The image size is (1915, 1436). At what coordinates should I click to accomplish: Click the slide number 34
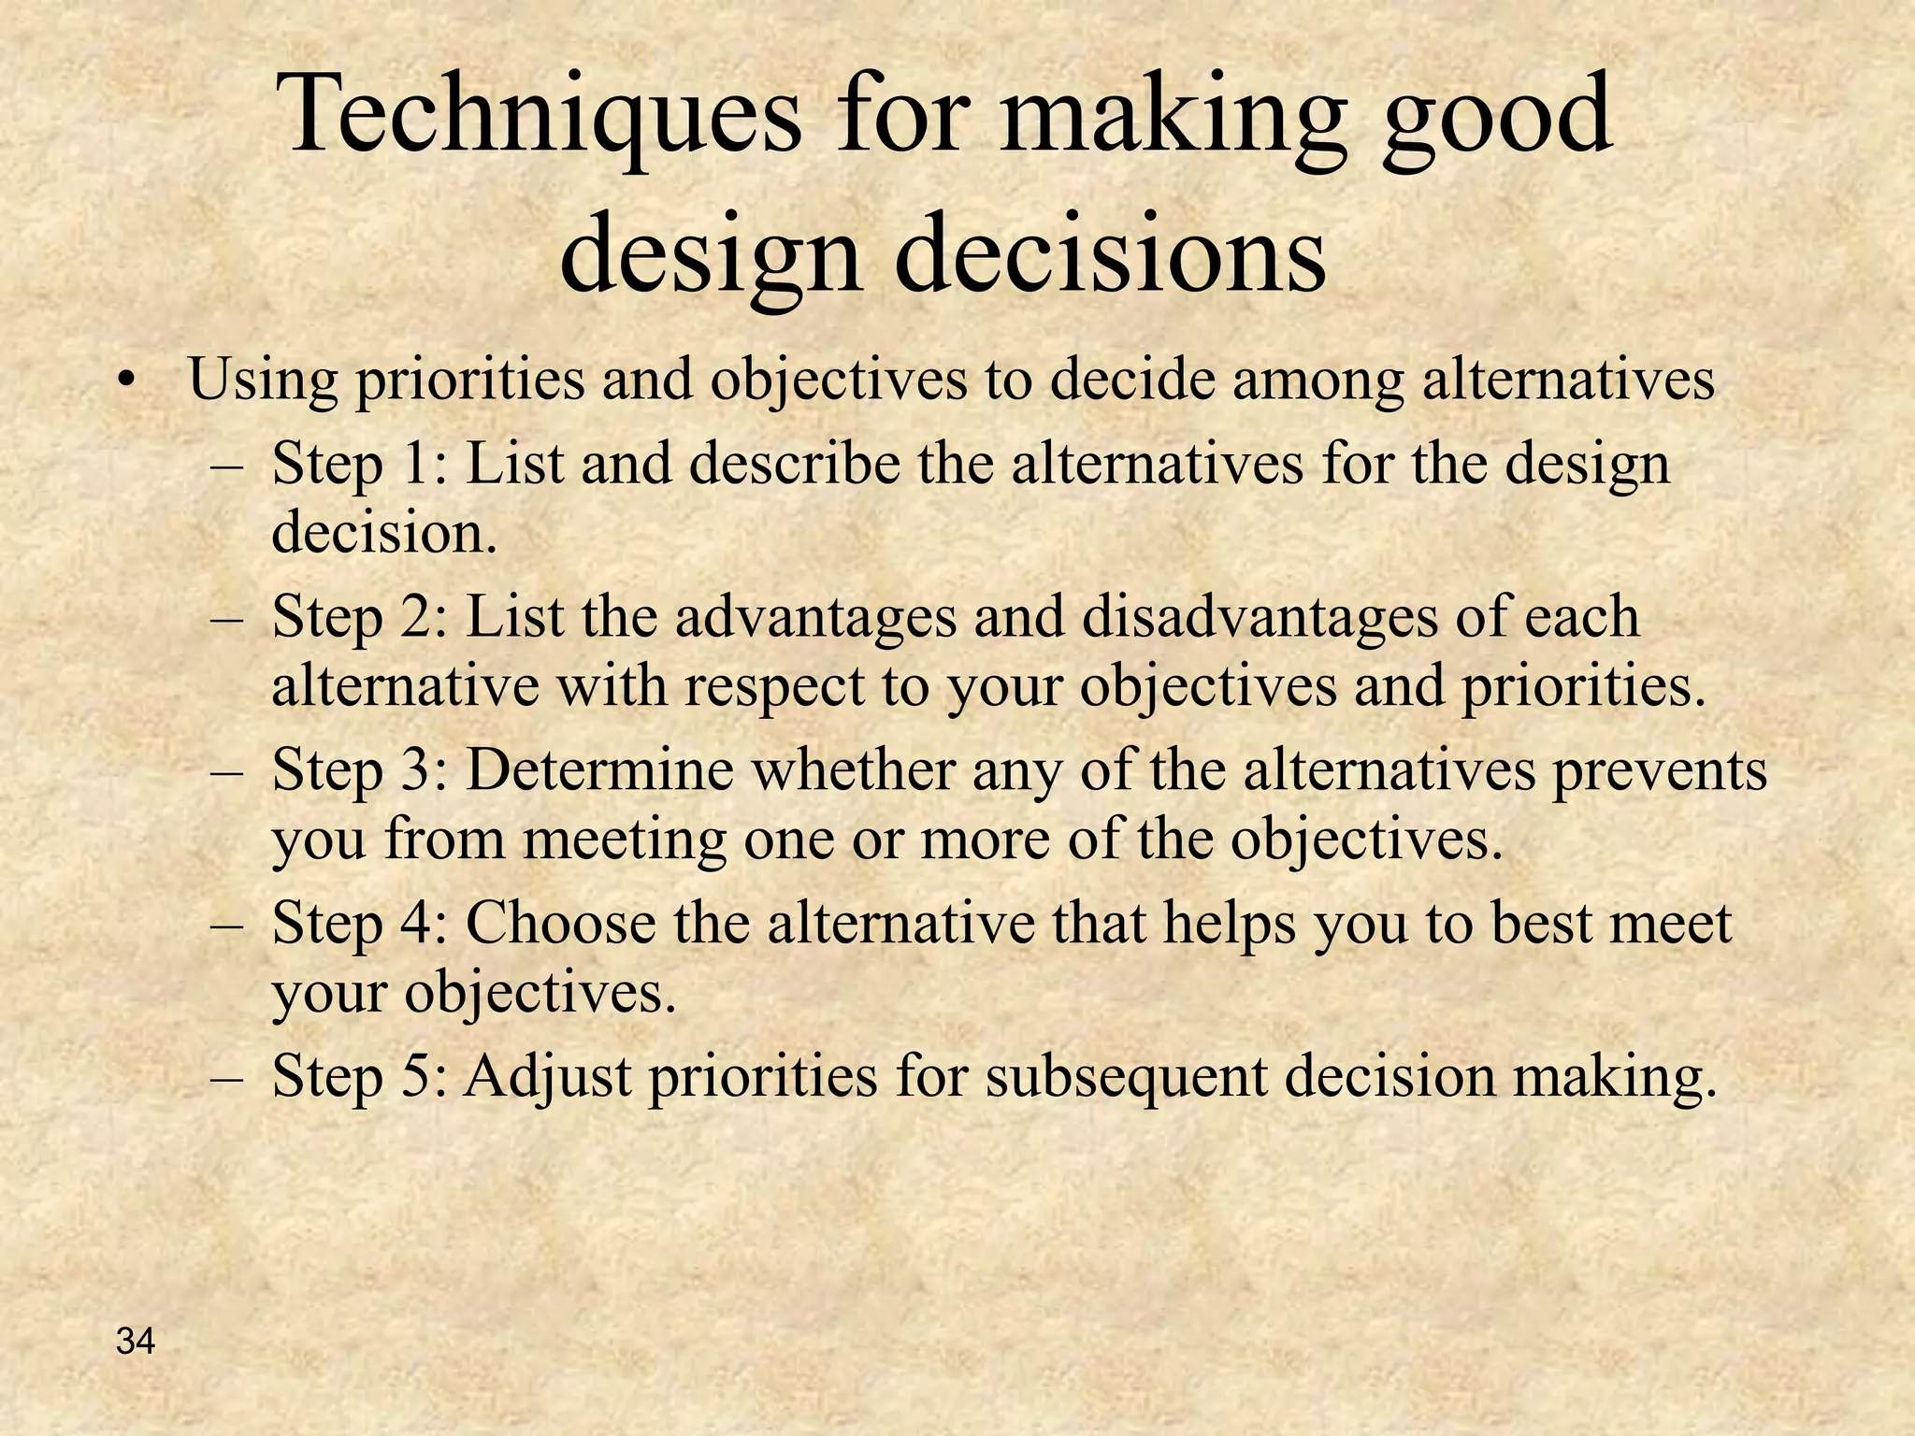pyautogui.click(x=137, y=1342)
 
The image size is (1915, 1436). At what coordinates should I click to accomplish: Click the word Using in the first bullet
pyautogui.click(x=263, y=381)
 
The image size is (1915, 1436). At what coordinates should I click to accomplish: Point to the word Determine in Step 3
pyautogui.click(x=599, y=770)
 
